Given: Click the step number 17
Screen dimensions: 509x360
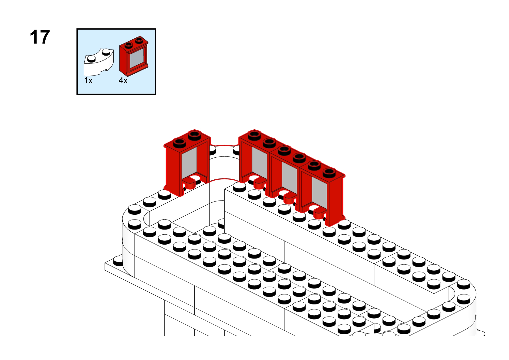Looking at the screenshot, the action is tap(40, 37).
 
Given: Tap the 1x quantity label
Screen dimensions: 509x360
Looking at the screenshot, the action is tap(88, 81).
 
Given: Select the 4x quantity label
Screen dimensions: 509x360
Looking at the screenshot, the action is tap(123, 81).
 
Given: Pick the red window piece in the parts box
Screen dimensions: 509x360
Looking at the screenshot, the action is tap(134, 56).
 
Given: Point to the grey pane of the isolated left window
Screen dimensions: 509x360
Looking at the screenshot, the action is tap(189, 163).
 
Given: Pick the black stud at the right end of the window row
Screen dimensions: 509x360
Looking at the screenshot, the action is tap(329, 173).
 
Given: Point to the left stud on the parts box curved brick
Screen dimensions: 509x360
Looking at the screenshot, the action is tap(91, 59).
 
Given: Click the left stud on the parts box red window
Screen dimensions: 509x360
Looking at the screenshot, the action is tap(129, 45).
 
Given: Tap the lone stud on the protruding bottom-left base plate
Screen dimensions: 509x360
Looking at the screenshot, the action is tap(118, 261).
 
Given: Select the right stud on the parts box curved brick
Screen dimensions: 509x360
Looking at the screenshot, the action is tap(106, 52).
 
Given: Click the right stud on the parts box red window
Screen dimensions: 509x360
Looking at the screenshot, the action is tap(139, 40).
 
